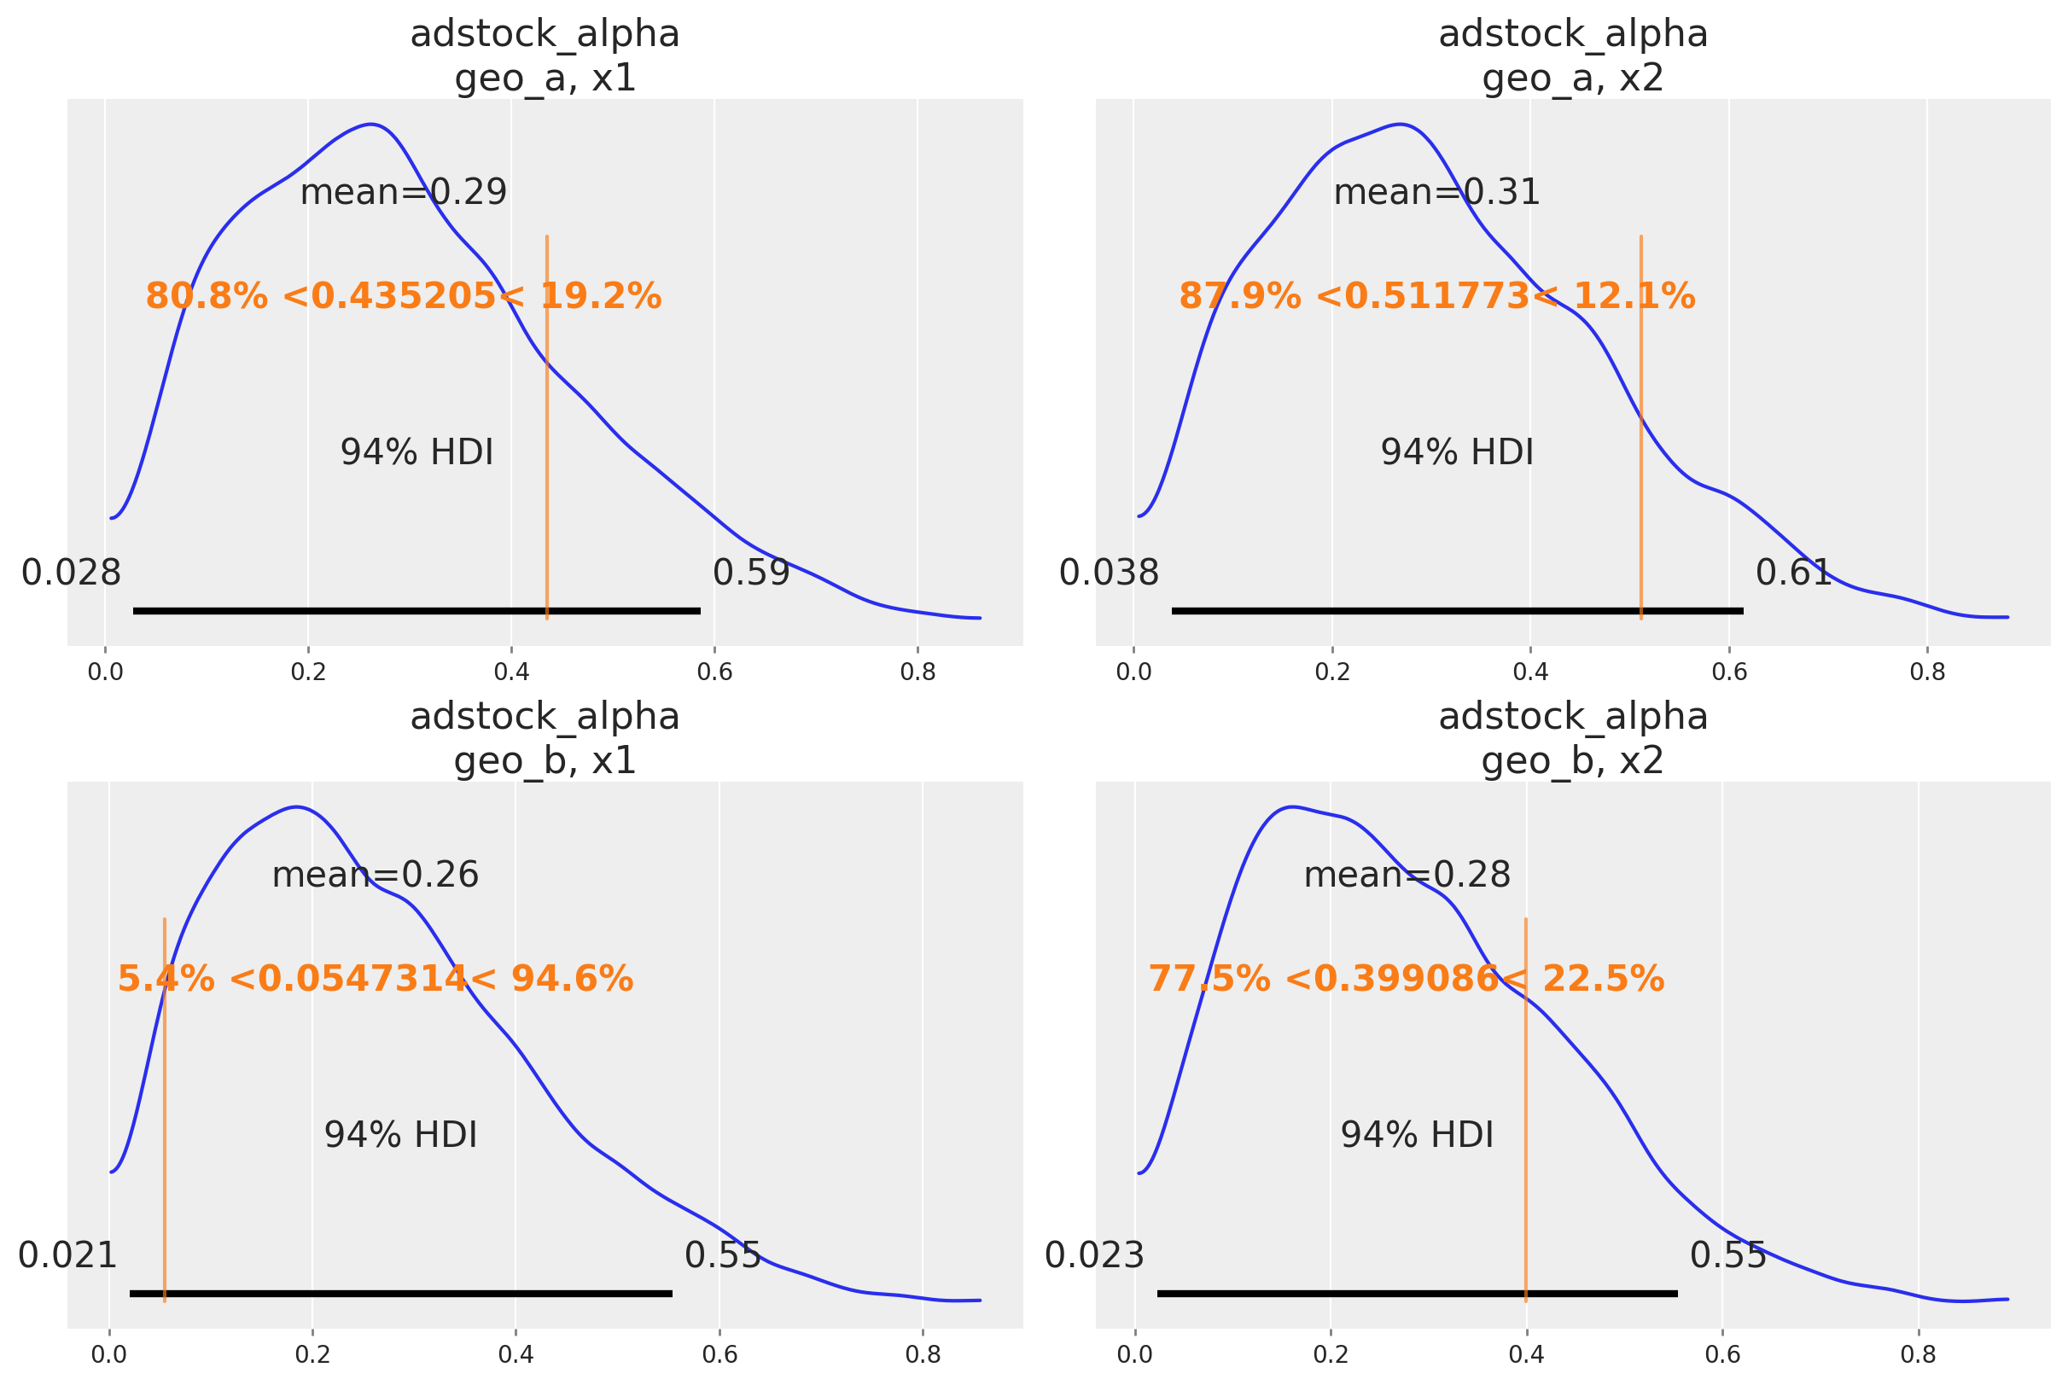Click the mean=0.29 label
[404, 193]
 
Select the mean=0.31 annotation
[1436, 193]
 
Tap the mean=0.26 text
[376, 876]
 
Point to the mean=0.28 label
[1407, 876]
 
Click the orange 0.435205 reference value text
[404, 297]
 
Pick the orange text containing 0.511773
[1437, 297]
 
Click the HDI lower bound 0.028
[71, 573]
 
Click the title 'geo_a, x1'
[545, 79]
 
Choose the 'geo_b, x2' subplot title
[1572, 761]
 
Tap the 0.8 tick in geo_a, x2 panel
[1927, 672]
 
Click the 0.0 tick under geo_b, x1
[109, 1355]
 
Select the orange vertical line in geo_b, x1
[165, 1104]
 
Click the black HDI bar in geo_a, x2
[1458, 610]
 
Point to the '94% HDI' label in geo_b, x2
[1417, 1135]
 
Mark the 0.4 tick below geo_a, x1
[511, 672]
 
